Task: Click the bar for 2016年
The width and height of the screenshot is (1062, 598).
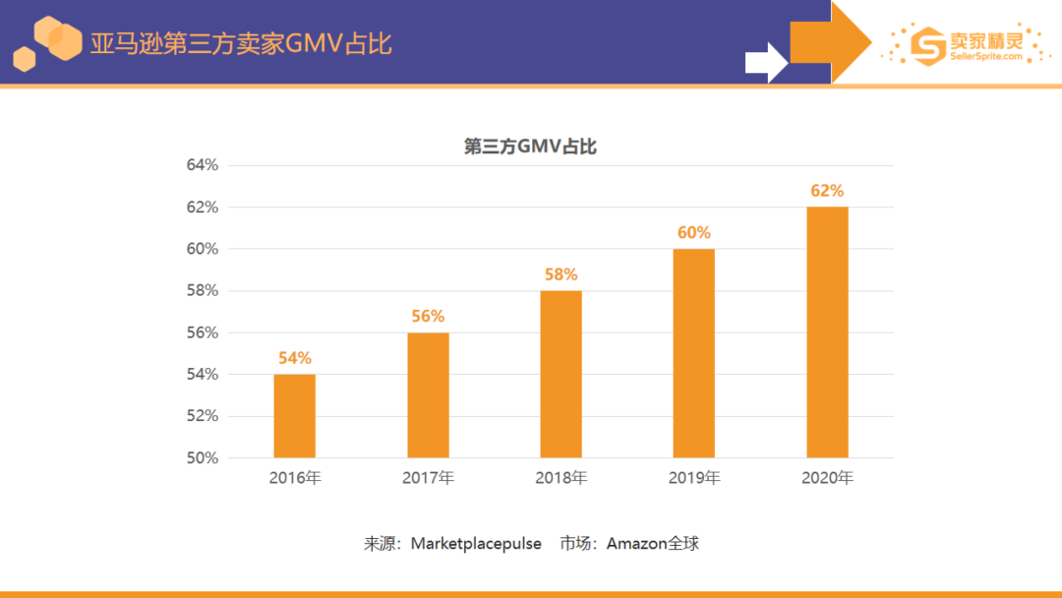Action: (294, 416)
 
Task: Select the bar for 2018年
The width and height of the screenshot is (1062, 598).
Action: (560, 374)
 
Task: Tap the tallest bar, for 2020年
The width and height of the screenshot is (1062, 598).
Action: (827, 332)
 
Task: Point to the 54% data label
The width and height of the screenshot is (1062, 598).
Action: (294, 358)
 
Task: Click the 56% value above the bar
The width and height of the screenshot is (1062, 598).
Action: (428, 316)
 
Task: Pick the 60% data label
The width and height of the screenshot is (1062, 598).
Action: (693, 233)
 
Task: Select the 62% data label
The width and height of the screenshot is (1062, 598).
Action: (827, 191)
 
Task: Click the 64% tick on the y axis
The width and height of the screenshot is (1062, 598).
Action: (203, 165)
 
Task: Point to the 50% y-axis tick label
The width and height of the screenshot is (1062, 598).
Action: (203, 457)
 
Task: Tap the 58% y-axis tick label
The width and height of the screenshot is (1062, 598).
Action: (203, 290)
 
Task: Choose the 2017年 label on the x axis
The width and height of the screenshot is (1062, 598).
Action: (428, 479)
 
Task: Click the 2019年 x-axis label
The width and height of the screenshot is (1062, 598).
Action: (694, 479)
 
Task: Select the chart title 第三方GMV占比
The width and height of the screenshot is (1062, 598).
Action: (530, 147)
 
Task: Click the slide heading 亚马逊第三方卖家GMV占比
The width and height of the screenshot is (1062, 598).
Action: (241, 44)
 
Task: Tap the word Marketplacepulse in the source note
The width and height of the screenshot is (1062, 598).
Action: (476, 543)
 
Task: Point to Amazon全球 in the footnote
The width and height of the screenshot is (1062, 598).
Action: (652, 543)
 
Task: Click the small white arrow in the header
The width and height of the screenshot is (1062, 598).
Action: (766, 63)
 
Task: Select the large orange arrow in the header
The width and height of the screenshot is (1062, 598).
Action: (831, 41)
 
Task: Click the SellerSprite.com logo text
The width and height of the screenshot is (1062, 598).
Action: (985, 57)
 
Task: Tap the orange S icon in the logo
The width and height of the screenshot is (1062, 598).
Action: (927, 44)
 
